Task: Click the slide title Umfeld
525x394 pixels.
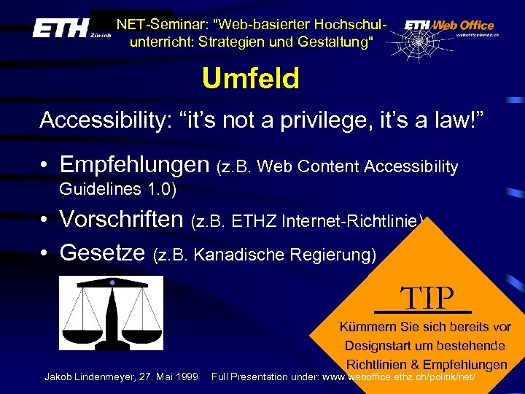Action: [x=251, y=78]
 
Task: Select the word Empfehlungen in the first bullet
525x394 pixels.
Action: [x=135, y=166]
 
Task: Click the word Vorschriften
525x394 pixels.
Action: [x=121, y=218]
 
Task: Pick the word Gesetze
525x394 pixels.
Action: [x=104, y=252]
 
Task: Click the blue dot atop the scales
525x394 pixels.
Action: [x=112, y=282]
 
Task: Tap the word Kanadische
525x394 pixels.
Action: [x=252, y=255]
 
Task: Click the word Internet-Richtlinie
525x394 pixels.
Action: [x=356, y=220]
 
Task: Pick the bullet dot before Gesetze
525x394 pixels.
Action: [x=44, y=253]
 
